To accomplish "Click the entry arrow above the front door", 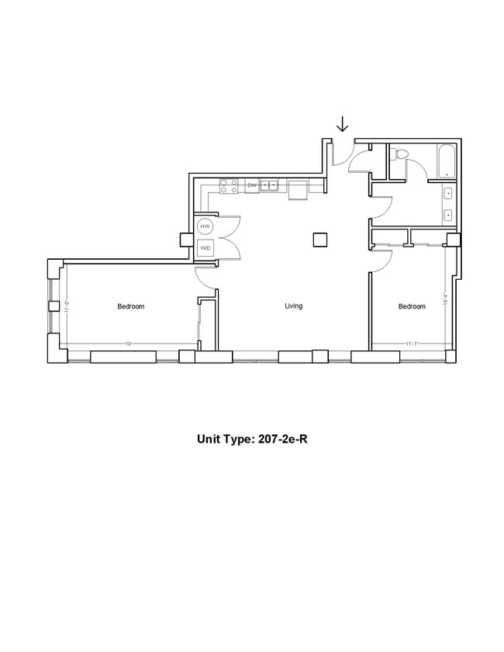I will click(342, 124).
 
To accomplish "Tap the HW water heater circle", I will click(205, 226).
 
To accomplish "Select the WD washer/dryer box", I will click(205, 248).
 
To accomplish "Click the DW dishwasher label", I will click(251, 185).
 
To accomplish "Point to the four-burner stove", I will click(229, 185).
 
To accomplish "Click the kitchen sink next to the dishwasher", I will click(269, 185).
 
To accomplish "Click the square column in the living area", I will click(320, 240).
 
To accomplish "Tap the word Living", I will click(293, 306).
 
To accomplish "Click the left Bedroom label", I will click(130, 306).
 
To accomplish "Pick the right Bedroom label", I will click(412, 306).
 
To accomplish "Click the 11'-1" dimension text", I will click(412, 343).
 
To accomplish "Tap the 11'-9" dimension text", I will click(67, 305).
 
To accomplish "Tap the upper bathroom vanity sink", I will click(449, 193).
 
